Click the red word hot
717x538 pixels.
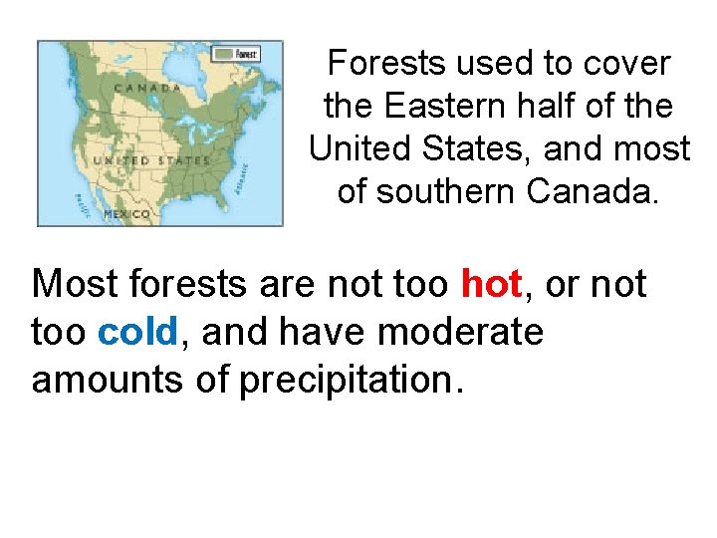click(x=492, y=284)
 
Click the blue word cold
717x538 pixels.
click(x=138, y=331)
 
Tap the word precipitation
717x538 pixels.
click(x=352, y=379)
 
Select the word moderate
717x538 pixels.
click(x=460, y=331)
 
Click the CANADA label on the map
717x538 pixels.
click(x=146, y=88)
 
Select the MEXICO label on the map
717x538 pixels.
click(x=128, y=213)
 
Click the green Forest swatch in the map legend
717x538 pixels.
click(x=225, y=54)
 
